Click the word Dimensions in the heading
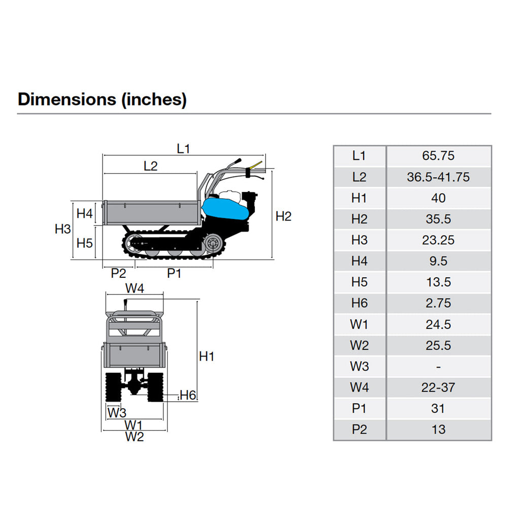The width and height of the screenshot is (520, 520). click(67, 99)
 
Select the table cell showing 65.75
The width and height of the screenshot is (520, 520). click(438, 156)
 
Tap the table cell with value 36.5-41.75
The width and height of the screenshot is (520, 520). click(438, 177)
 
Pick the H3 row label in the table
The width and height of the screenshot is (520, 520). click(359, 240)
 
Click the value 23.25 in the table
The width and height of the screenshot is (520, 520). click(438, 240)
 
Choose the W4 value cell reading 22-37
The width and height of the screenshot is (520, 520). click(438, 387)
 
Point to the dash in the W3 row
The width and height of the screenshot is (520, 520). click(438, 367)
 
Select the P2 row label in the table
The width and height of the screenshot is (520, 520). click(359, 430)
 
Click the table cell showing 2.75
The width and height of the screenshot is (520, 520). click(438, 303)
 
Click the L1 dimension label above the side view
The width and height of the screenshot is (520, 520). click(183, 148)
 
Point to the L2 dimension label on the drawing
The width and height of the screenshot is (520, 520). click(151, 166)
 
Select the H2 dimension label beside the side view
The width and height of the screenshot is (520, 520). click(283, 216)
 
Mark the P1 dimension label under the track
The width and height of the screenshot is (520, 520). click(174, 273)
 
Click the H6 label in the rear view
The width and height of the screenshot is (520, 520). click(188, 395)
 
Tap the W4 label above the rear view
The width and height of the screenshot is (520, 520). click(135, 288)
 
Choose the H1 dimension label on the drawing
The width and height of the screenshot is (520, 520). click(207, 357)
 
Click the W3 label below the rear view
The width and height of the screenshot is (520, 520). click(117, 412)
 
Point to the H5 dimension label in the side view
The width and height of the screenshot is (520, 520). click(85, 243)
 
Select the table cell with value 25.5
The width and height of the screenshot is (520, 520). click(438, 345)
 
